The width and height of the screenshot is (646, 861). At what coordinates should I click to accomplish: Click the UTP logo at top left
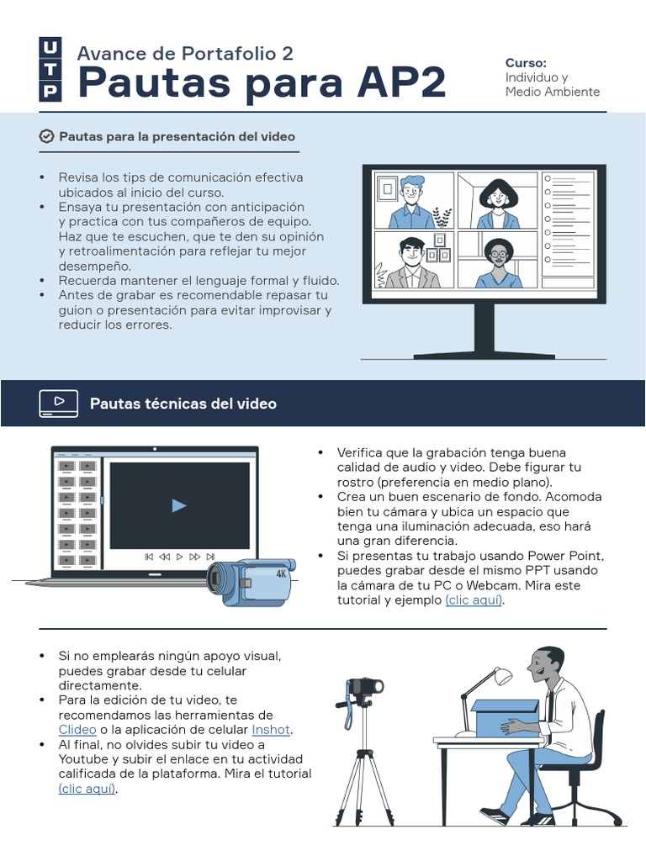pos(50,69)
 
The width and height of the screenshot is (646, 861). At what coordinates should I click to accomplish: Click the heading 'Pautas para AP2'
pos(261,83)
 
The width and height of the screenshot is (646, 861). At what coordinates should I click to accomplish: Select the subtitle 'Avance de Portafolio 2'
pos(185,53)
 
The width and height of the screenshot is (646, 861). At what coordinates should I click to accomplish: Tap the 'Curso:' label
pos(526,63)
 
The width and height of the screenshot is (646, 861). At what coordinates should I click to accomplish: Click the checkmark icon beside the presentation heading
pos(47,136)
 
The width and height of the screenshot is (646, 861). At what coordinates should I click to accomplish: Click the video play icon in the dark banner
pos(58,403)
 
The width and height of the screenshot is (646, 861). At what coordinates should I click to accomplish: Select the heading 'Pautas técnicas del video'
pos(183,404)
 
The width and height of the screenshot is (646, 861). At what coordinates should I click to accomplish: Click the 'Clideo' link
pos(77,729)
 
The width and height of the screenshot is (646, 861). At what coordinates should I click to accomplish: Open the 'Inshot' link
pos(271,729)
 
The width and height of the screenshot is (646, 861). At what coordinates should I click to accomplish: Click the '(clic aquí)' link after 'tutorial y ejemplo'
pos(474,600)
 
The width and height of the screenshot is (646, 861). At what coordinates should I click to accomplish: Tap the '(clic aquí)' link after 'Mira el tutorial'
pos(87,789)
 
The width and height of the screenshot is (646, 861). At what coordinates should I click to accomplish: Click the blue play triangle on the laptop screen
pos(179,505)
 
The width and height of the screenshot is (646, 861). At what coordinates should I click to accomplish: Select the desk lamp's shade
pos(502,674)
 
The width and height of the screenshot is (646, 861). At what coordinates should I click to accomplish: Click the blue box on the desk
pos(504,718)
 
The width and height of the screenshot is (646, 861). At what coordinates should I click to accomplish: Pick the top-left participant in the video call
pos(411,201)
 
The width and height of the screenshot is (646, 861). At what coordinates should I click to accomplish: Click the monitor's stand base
pos(483,353)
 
